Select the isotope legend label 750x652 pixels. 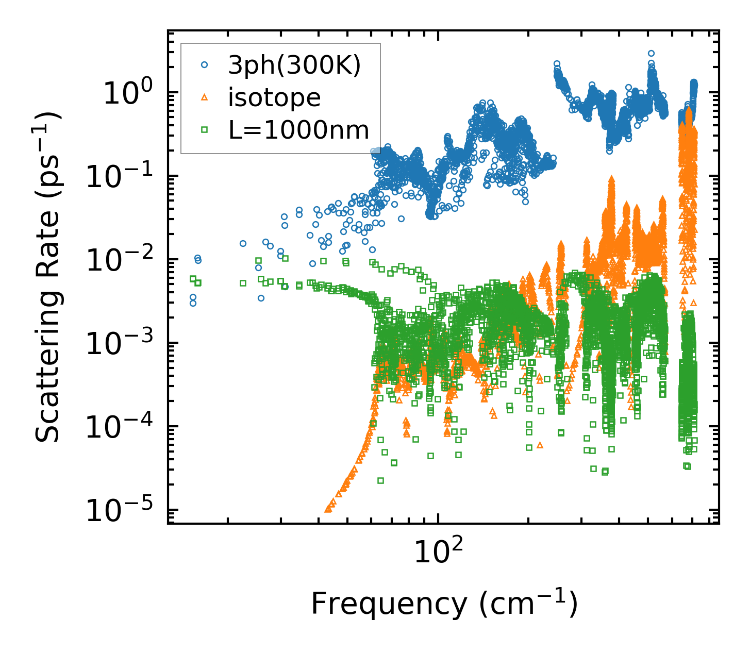coord(274,97)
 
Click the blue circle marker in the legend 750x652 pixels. coord(205,65)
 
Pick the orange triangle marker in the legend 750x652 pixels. coord(205,97)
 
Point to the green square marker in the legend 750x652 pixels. coord(205,130)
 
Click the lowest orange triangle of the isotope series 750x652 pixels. coord(328,509)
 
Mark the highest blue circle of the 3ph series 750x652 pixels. coord(651,54)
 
